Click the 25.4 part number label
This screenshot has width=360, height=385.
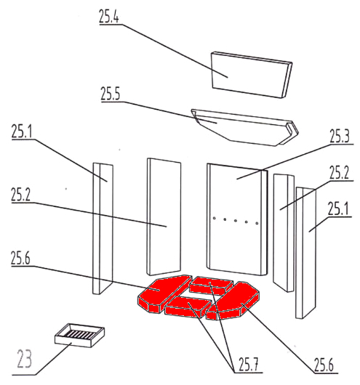point(109,17)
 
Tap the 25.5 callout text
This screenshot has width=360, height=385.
point(110,94)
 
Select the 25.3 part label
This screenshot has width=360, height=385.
point(340,136)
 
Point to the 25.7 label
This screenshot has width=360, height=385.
point(249,365)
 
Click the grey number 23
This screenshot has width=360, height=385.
point(24,359)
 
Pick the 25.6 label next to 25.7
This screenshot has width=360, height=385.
point(324,365)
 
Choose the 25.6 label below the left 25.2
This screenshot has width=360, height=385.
point(20,258)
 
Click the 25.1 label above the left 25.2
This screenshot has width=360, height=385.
point(22,131)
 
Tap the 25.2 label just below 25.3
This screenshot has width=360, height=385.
point(339,173)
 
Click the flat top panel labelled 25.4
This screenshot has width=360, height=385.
point(252,75)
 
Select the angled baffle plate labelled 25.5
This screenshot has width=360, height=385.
point(245,127)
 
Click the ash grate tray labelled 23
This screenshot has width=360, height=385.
point(79,335)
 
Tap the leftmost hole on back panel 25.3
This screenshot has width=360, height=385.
point(214,218)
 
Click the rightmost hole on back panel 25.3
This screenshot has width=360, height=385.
point(257,223)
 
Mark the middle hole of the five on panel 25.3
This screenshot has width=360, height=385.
point(236,221)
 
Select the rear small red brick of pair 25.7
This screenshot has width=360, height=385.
point(212,285)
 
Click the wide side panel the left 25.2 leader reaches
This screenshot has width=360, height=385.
point(164,216)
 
